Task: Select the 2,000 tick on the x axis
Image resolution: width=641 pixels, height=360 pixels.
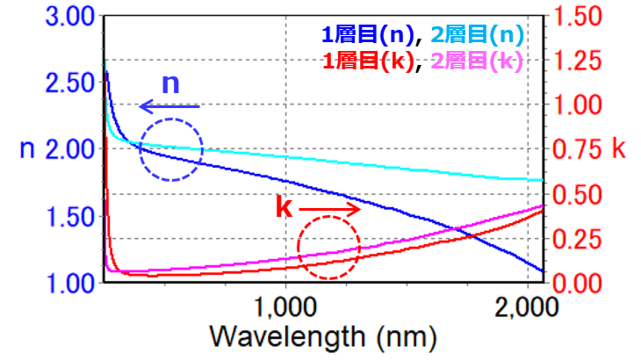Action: click(x=527, y=309)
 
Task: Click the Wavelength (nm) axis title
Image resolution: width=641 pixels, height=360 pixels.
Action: click(x=323, y=337)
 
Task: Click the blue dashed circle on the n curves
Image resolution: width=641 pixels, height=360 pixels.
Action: click(x=171, y=149)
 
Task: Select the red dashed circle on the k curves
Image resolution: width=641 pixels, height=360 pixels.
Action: click(x=329, y=247)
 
